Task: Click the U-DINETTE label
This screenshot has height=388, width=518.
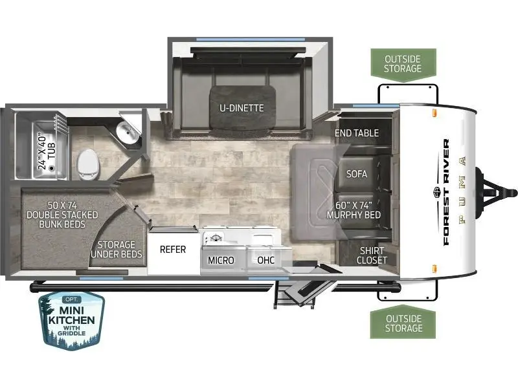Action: (x=242, y=108)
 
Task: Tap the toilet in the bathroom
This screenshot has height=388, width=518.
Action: (x=88, y=164)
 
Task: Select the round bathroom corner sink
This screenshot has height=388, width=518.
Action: (x=127, y=133)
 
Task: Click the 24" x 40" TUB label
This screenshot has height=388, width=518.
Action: (x=47, y=151)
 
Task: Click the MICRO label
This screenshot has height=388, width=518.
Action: (x=221, y=261)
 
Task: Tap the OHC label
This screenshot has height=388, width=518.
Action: (x=265, y=261)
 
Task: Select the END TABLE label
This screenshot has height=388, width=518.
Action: (x=357, y=133)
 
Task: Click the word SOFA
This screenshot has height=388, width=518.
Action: (x=357, y=174)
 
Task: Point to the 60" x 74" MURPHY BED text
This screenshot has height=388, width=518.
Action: (x=354, y=210)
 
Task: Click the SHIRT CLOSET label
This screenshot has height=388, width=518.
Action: (x=372, y=255)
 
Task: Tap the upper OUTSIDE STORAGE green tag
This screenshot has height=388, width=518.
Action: (x=403, y=65)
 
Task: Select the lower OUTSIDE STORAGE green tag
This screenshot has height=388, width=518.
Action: (x=403, y=322)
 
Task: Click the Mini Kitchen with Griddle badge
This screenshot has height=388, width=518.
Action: (x=71, y=320)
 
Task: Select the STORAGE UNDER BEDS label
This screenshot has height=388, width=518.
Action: (x=117, y=250)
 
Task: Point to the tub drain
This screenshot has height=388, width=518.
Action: (x=51, y=168)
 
